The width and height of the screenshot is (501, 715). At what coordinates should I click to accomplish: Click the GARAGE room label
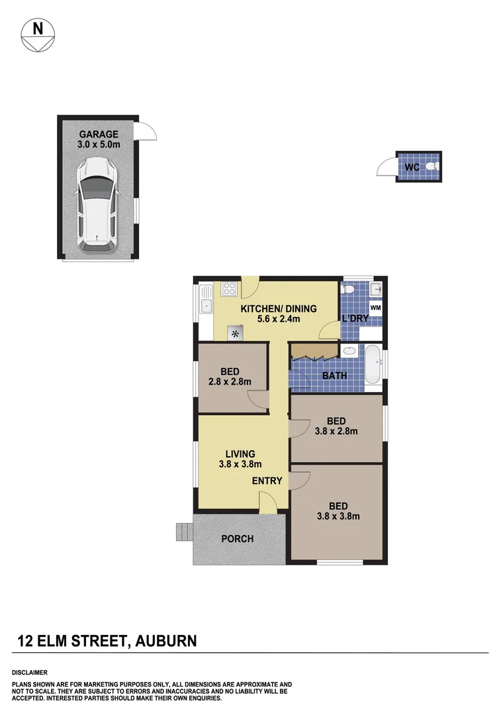click(x=99, y=134)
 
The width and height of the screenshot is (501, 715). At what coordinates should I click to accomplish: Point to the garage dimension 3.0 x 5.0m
click(x=99, y=144)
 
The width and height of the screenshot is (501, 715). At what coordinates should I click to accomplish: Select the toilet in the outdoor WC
click(x=432, y=166)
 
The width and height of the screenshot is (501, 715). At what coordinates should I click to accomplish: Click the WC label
click(x=412, y=167)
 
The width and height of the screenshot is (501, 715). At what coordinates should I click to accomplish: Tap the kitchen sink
click(x=206, y=305)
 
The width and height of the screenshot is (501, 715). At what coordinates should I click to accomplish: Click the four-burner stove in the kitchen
click(x=229, y=288)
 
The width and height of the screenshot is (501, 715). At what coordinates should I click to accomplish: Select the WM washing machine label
click(x=375, y=308)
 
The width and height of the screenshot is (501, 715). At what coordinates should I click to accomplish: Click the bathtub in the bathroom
click(x=373, y=364)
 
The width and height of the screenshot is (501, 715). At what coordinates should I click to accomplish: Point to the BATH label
click(x=334, y=376)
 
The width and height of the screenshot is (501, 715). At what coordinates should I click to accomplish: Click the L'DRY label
click(x=354, y=319)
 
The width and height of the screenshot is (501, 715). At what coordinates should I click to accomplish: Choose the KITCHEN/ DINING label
click(x=278, y=309)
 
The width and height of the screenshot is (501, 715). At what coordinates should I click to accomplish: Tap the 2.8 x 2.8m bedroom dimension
click(x=230, y=382)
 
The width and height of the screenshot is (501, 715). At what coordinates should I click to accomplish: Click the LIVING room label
click(x=240, y=453)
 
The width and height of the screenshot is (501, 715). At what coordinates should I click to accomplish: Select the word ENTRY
click(x=267, y=481)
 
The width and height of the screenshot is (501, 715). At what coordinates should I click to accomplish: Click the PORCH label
click(x=237, y=539)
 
